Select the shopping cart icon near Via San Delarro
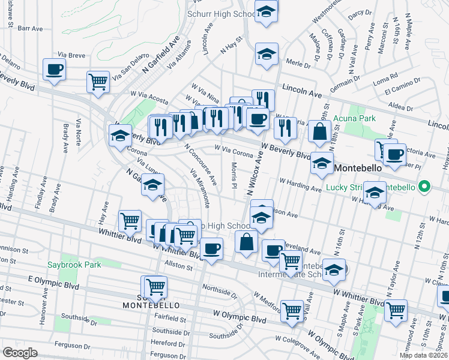tap(98, 82)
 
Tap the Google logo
tap(20, 352)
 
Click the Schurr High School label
tap(221, 13)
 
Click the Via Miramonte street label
tap(200, 189)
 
